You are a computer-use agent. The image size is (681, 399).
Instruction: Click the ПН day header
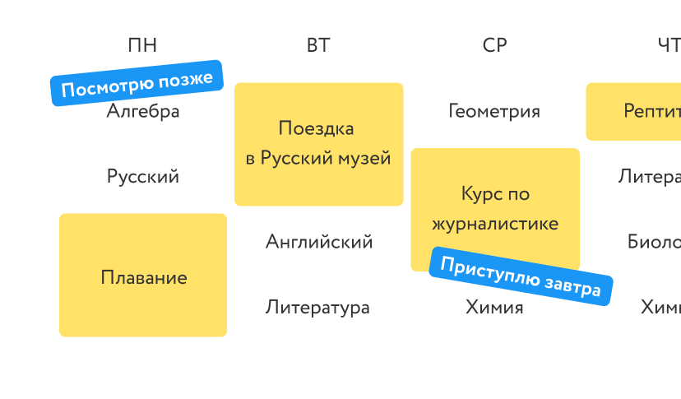tap(142, 45)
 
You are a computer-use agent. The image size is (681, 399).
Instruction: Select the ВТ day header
tap(318, 45)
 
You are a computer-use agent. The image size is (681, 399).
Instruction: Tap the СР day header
tap(494, 45)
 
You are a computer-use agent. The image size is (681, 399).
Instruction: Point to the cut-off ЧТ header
tap(650, 45)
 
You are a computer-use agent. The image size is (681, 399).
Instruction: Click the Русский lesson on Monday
tap(143, 177)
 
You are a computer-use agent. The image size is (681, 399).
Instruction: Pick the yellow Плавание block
tap(143, 277)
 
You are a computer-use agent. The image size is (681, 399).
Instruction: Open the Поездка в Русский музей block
tap(318, 143)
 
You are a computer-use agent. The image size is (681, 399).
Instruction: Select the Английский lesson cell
tap(318, 242)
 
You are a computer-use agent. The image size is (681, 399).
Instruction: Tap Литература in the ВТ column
tap(318, 308)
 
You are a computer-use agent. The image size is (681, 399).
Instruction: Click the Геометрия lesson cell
tap(494, 111)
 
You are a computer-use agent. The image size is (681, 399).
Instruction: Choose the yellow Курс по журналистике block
tap(494, 209)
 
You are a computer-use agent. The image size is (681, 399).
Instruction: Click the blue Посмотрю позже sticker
tap(137, 83)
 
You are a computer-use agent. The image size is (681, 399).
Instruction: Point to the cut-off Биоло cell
tap(650, 242)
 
